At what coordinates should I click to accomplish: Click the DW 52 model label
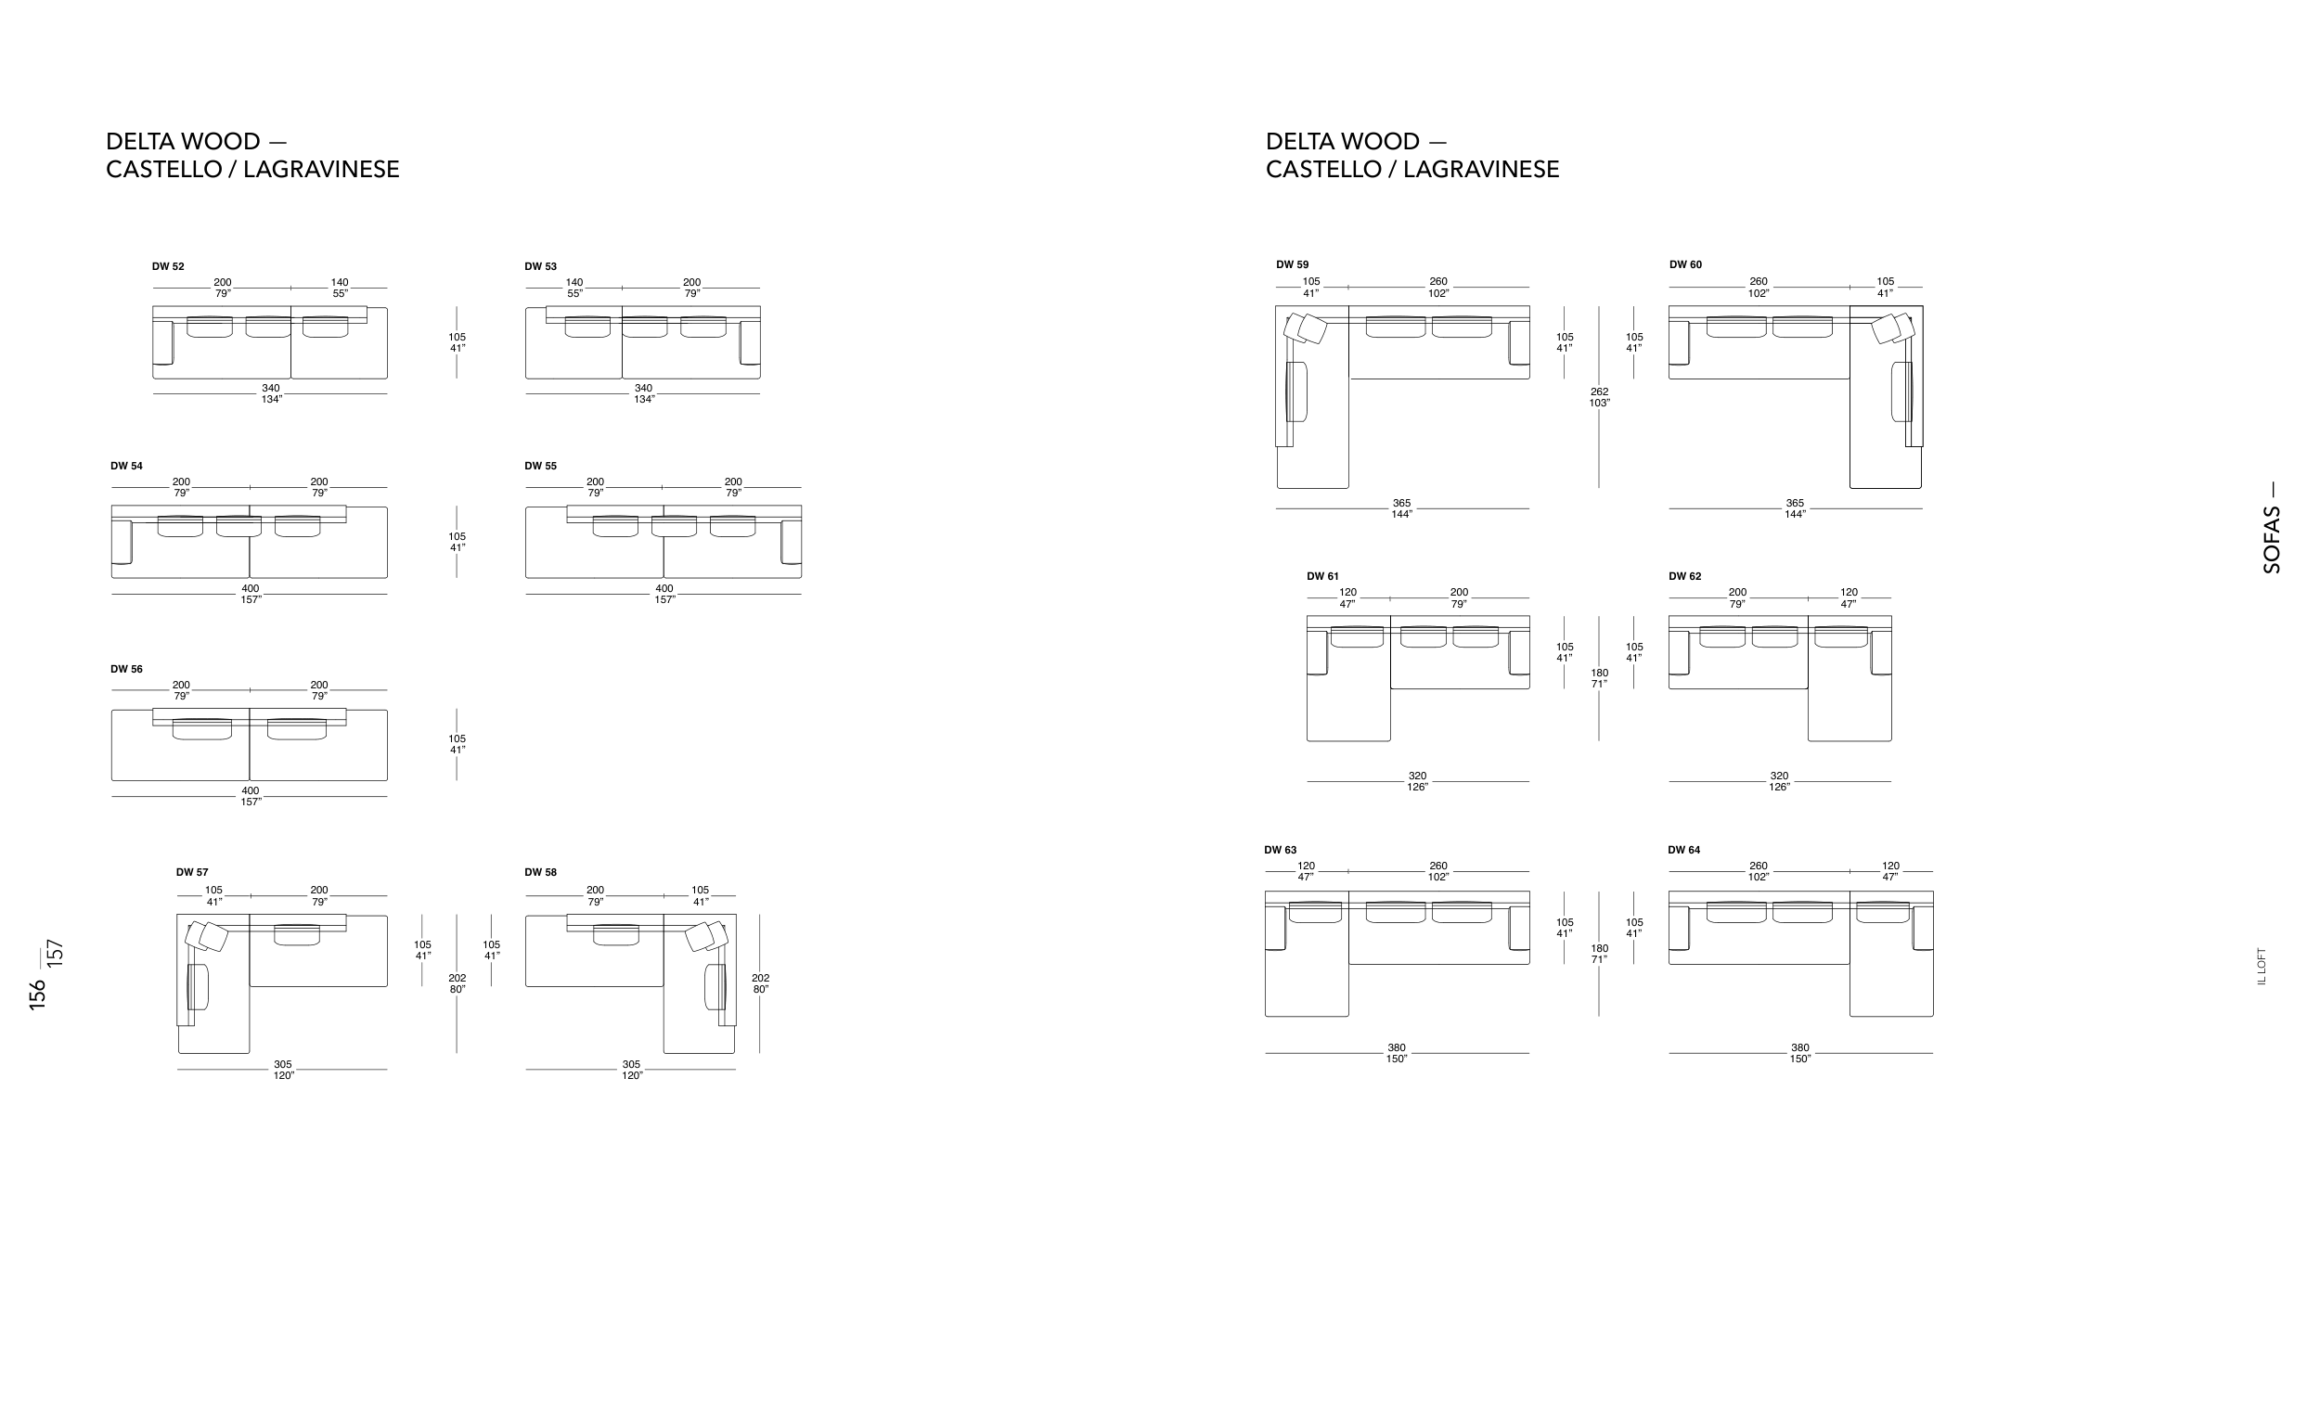168,266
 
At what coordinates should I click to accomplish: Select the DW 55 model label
540,466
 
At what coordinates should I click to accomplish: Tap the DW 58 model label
540,873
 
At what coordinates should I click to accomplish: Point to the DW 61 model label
1322,576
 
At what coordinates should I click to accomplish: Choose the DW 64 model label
1683,850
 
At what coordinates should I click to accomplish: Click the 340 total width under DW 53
643,388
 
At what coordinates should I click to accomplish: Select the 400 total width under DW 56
250,790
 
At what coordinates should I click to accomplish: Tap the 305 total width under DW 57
282,1065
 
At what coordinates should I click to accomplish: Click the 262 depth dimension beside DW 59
1599,392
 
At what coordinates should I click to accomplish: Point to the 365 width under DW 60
1795,504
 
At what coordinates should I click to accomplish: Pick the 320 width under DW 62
1779,777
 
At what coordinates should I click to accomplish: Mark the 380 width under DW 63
1397,1047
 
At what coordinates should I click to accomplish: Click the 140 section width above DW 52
340,282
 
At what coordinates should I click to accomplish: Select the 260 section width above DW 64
1758,866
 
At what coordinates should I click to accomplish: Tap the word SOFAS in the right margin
2272,540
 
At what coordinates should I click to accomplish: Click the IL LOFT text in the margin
2262,966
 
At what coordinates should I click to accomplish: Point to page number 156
38,995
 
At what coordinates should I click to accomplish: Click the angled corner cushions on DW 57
209,937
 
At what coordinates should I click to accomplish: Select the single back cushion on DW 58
616,936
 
